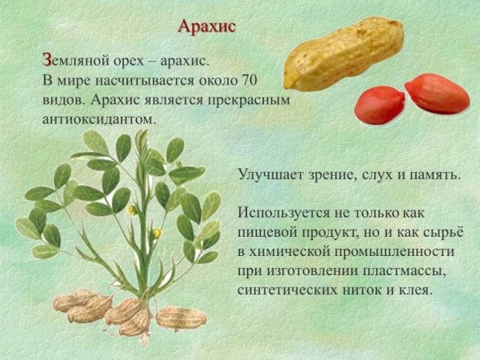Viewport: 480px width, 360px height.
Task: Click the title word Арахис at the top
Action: (x=206, y=26)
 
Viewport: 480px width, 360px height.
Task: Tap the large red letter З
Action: (x=47, y=60)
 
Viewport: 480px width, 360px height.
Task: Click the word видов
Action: (x=62, y=100)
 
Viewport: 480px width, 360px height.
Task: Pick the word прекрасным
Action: (x=241, y=100)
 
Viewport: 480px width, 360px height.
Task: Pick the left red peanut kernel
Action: (x=379, y=105)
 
